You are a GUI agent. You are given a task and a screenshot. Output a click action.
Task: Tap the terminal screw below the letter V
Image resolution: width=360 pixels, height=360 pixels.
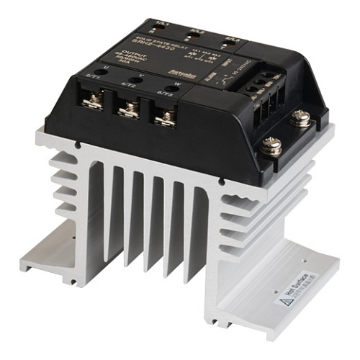click(128, 109)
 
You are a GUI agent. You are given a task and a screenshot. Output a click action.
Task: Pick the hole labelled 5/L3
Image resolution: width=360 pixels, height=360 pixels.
click(227, 43)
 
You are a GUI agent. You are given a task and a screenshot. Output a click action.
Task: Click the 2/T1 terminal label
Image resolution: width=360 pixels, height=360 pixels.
click(92, 76)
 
